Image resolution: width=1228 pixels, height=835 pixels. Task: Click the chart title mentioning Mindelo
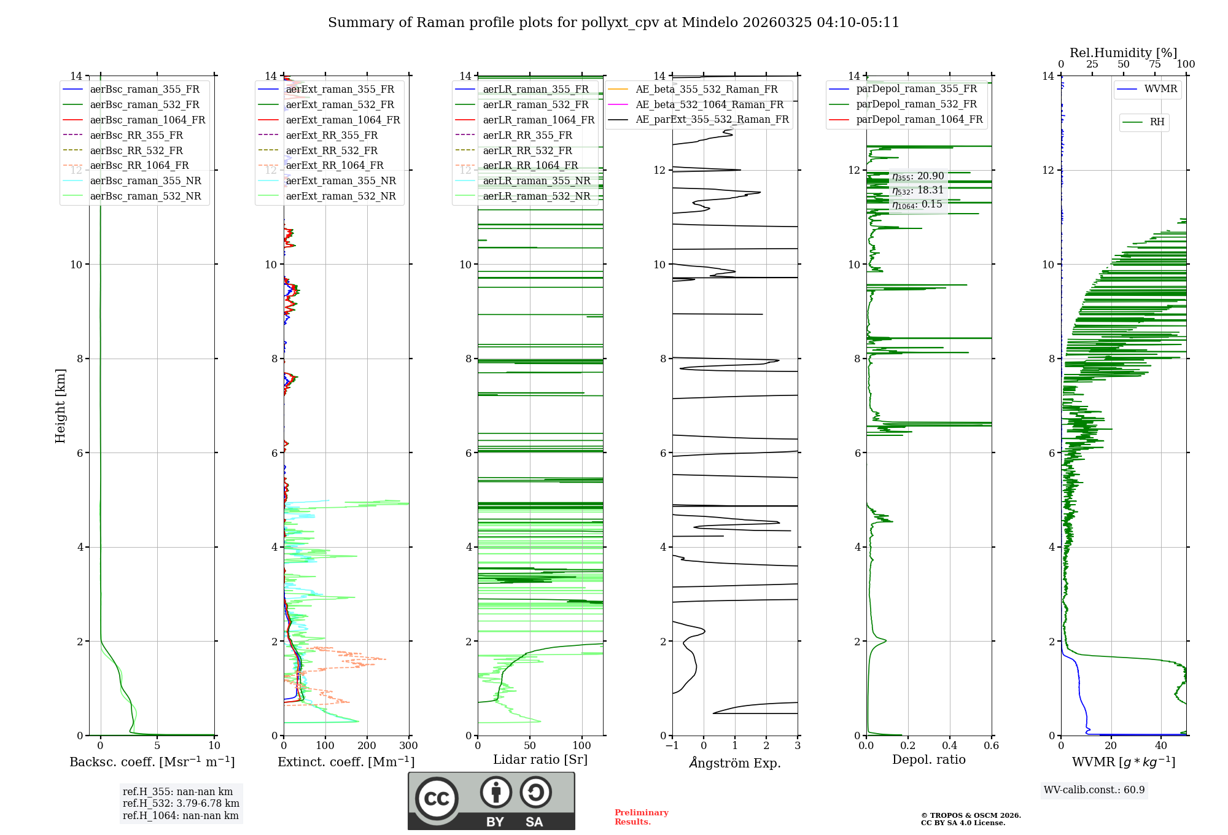click(613, 23)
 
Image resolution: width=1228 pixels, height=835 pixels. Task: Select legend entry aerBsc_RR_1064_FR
click(139, 166)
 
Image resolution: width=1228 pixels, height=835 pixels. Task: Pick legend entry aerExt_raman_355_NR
click(341, 181)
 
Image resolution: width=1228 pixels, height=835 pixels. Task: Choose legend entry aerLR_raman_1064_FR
click(538, 120)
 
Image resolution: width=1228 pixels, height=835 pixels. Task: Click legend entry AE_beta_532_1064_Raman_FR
click(709, 105)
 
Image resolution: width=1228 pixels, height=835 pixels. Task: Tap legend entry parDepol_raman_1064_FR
click(919, 120)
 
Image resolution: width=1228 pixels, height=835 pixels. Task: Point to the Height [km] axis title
click(60, 406)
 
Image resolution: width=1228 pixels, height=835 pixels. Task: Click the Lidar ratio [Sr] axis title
click(540, 760)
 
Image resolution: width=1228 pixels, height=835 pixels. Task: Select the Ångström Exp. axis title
click(734, 763)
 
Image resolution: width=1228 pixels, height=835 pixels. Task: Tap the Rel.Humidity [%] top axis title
click(1123, 53)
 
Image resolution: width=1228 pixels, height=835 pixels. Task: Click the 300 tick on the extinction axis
click(408, 746)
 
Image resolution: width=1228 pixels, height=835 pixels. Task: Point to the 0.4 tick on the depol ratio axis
click(949, 746)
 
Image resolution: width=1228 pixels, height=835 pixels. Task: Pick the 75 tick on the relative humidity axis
click(1154, 64)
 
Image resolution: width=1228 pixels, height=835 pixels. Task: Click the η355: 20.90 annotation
click(918, 176)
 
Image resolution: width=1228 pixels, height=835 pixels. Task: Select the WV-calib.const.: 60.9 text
click(1094, 790)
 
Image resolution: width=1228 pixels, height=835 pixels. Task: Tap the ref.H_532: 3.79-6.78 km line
click(181, 804)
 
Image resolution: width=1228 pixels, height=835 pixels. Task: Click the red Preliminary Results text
click(641, 817)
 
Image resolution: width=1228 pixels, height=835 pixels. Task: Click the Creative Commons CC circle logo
click(437, 799)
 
